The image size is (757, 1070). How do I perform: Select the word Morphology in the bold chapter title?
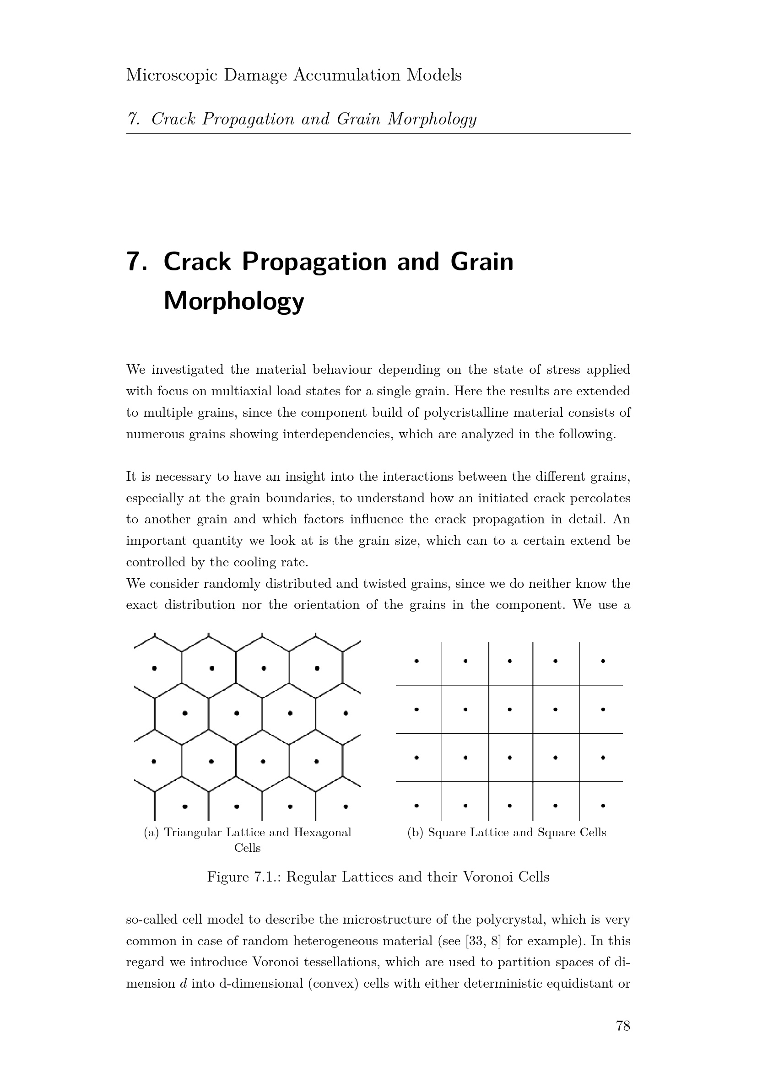click(x=233, y=301)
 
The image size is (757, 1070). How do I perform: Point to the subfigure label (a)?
click(x=151, y=832)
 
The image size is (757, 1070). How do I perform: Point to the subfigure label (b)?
click(x=415, y=832)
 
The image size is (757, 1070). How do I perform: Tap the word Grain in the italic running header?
click(x=357, y=120)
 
